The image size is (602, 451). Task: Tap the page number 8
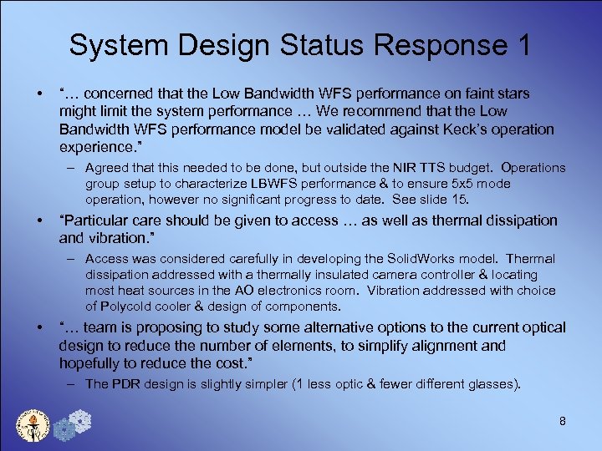[x=563, y=421]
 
